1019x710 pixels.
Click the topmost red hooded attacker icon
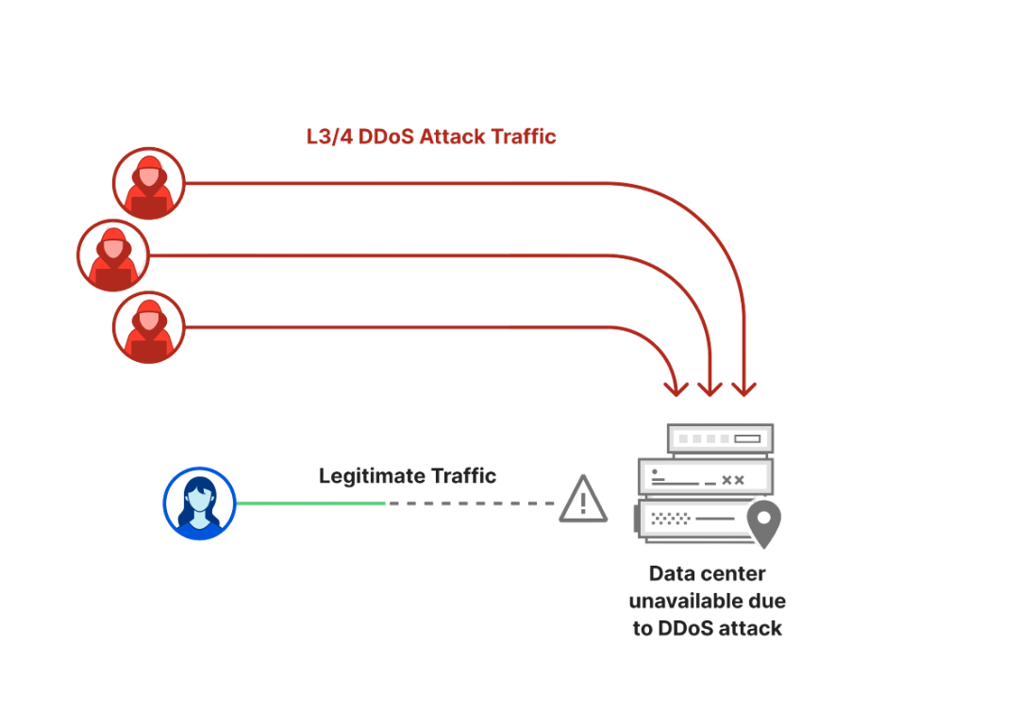point(149,183)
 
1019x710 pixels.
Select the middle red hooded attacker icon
point(113,255)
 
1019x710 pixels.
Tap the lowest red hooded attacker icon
point(149,327)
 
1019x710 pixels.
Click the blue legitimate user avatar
point(199,504)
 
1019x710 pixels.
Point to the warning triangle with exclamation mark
point(583,500)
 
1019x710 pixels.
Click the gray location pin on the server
point(764,522)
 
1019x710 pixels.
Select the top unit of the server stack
point(721,438)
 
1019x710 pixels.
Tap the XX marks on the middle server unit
point(732,480)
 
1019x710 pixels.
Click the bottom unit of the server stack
point(698,520)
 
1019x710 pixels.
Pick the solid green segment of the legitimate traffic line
point(311,504)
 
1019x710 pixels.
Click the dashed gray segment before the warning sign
point(472,504)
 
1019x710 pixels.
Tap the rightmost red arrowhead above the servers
point(744,388)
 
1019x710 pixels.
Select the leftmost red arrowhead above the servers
point(677,388)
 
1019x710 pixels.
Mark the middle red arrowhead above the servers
point(710,388)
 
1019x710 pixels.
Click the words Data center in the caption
point(708,574)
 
